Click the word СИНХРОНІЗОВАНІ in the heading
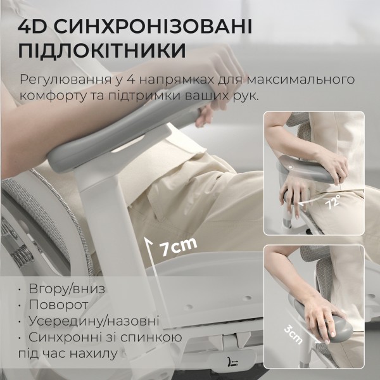point(149,27)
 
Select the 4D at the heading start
point(33,27)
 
